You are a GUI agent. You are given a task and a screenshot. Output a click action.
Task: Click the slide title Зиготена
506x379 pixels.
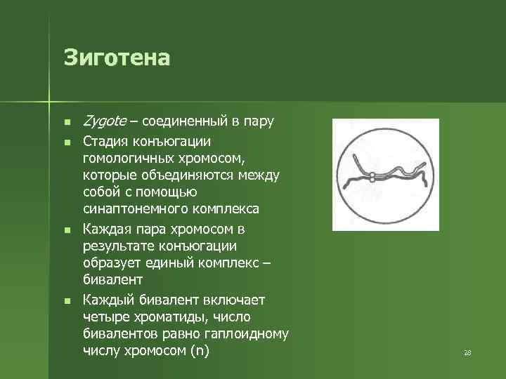[x=117, y=57]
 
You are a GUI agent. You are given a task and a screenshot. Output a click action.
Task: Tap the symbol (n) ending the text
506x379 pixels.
[x=200, y=351]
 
